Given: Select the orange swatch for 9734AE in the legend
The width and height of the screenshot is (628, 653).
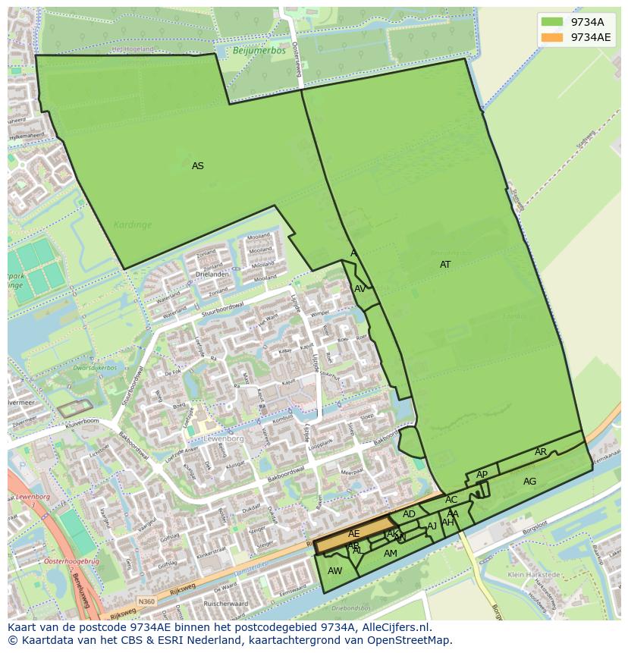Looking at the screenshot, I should [x=552, y=37].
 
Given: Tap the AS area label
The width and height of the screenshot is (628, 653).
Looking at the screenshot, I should [x=198, y=166].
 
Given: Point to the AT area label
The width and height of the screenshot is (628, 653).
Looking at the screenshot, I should [x=445, y=265].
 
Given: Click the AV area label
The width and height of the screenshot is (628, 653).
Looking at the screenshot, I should [x=360, y=289].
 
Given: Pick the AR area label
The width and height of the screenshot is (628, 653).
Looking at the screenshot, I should [x=541, y=452].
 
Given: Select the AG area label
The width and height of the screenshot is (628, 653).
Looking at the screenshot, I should [x=529, y=482].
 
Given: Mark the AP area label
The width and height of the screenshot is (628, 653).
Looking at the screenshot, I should [x=482, y=475].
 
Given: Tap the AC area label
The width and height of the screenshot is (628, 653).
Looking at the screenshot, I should [x=451, y=500].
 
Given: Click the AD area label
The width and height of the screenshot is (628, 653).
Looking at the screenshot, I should [x=409, y=514].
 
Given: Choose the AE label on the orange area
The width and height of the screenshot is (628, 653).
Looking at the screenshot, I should [x=354, y=534].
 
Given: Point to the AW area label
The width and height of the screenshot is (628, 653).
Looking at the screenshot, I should [x=334, y=571].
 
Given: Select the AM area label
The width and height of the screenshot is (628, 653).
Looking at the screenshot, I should [x=391, y=554].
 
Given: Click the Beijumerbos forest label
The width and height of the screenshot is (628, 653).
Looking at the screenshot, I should [x=253, y=51].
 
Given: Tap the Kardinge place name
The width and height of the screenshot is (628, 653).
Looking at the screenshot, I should [x=133, y=224].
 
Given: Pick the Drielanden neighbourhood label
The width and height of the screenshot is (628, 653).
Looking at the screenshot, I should [x=212, y=274].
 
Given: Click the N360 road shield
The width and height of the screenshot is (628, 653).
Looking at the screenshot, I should [x=146, y=601].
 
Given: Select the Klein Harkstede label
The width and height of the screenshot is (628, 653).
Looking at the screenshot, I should [x=533, y=575].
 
